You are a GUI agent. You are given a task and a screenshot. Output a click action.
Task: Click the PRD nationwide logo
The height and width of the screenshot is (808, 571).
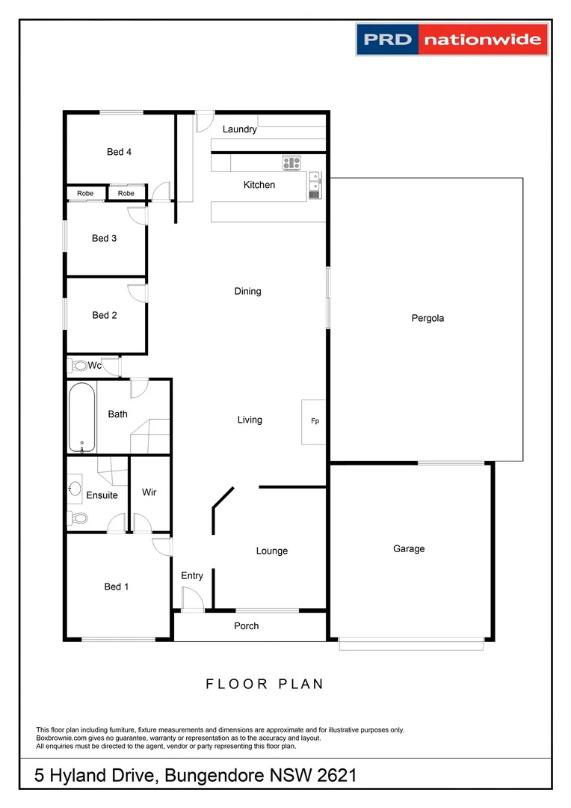click(452, 39)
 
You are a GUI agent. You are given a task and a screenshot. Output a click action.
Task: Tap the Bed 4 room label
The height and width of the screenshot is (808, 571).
click(120, 152)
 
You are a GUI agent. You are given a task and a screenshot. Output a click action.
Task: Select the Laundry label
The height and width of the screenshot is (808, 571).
click(240, 129)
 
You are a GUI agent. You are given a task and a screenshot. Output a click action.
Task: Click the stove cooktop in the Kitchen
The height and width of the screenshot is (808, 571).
click(291, 162)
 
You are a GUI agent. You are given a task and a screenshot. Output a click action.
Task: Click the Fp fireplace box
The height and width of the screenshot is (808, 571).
click(315, 422)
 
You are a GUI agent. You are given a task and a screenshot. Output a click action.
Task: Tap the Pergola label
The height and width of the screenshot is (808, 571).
click(428, 318)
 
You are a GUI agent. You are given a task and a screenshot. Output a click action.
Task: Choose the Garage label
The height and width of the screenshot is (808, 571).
click(409, 548)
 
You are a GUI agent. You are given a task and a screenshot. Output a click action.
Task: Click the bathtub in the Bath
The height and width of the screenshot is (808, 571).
click(82, 417)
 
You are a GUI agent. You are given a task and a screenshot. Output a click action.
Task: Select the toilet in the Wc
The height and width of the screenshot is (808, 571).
click(78, 367)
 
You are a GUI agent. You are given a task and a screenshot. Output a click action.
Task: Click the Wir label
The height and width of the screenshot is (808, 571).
click(149, 492)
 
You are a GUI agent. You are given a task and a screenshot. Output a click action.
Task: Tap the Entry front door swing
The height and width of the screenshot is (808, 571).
click(191, 599)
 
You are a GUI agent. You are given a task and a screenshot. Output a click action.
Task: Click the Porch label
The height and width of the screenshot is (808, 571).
click(247, 625)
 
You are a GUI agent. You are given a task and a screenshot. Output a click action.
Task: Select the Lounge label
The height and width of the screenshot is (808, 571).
click(272, 551)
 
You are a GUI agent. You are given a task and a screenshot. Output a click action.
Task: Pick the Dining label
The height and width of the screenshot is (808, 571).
click(248, 291)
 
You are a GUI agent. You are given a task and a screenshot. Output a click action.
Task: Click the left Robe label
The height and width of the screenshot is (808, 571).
click(85, 194)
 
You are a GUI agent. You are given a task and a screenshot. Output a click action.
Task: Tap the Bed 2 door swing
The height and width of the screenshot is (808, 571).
click(138, 293)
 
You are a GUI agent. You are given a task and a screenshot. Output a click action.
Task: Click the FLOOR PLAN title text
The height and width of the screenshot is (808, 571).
click(265, 684)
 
